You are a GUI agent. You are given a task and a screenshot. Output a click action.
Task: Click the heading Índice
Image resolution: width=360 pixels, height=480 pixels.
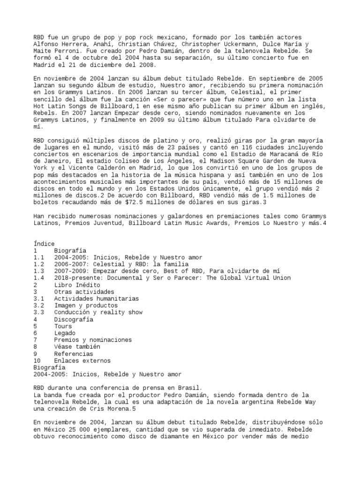44,244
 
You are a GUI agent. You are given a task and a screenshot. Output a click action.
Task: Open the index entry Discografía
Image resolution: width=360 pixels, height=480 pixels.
73,319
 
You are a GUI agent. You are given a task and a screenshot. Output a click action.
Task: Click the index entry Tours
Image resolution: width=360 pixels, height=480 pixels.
63,326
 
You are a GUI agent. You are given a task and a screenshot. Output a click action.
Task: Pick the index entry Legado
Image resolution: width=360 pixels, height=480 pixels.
64,333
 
